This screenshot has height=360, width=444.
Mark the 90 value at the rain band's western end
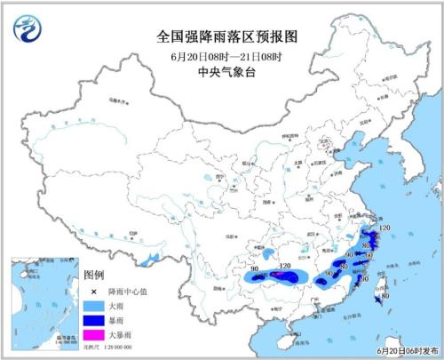[x=254, y=268]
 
